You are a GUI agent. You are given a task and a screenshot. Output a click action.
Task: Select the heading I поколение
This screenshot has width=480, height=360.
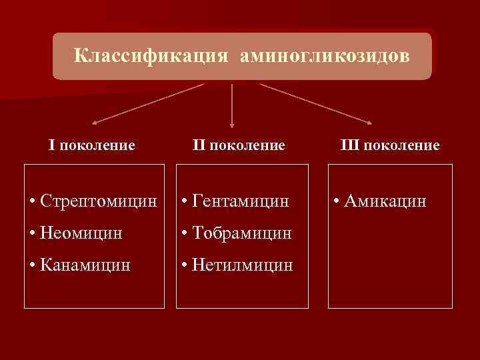(x=92, y=145)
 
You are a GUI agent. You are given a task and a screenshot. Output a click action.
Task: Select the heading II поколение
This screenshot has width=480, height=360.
(x=238, y=145)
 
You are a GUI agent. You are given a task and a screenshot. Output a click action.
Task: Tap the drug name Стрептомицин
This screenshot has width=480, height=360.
(x=99, y=200)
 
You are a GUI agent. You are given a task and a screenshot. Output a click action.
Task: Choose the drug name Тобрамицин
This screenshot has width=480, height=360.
(x=241, y=233)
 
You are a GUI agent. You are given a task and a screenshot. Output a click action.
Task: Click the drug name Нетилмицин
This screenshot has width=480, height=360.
(x=241, y=265)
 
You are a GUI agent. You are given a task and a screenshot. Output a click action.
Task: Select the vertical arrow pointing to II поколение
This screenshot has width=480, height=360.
(x=232, y=105)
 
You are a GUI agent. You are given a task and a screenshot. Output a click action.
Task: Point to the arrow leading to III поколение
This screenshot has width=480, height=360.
(x=315, y=103)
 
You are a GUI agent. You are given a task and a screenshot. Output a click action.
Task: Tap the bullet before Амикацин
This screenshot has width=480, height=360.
(x=339, y=201)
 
